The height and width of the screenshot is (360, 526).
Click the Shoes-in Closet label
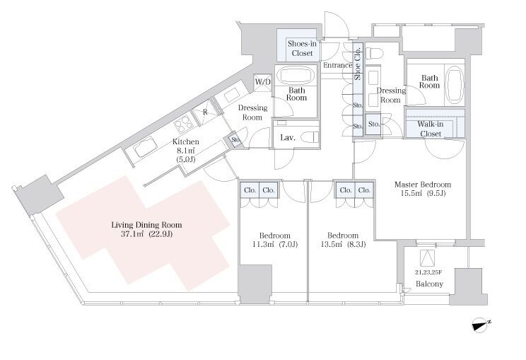coord(302,48)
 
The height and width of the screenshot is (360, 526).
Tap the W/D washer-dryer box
coord(263,83)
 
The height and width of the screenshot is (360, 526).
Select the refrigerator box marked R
coord(205,111)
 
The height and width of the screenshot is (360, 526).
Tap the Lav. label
coord(288,137)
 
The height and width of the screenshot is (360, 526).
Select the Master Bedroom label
coord(422,189)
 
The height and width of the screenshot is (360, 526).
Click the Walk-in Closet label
coord(431,129)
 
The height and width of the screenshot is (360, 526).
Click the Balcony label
coord(429,284)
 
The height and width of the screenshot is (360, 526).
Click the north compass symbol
coord(480,325)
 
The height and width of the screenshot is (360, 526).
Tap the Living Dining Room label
coord(146,229)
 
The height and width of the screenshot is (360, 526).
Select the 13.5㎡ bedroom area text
coord(343,244)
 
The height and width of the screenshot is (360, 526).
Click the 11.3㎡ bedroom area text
coord(275,244)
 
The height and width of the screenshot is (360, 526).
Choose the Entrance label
coord(337,66)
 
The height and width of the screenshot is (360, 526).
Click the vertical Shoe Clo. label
coord(358,63)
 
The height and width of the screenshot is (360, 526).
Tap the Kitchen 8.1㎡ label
coord(185,151)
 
